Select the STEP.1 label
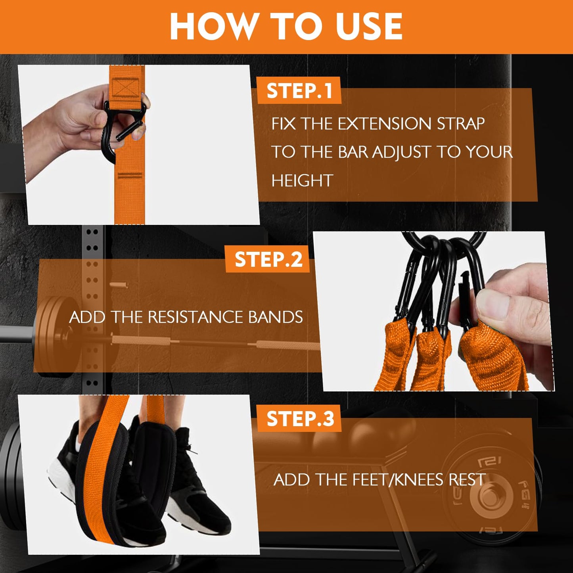[x=299, y=91]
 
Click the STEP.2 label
[x=268, y=260]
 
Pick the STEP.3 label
[x=300, y=419]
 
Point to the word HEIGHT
[x=302, y=181]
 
